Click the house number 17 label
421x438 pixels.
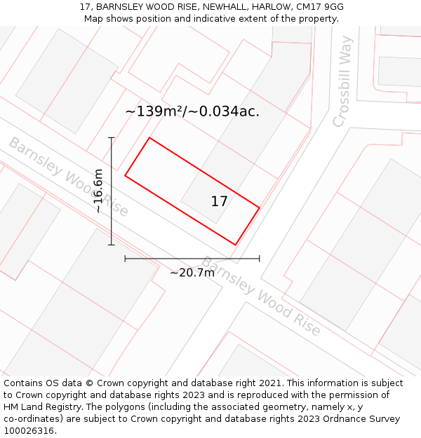pos(219,202)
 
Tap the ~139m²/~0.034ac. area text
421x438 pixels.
pos(192,111)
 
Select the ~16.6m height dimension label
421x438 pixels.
pos(98,191)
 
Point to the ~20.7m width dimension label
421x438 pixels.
pos(192,273)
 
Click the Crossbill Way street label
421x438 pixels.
pos(342,81)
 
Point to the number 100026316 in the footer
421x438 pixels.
pos(27,431)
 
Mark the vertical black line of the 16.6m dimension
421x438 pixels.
pos(112,191)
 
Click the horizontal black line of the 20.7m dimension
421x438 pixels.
pos(192,259)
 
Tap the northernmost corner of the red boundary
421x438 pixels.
pos(149,137)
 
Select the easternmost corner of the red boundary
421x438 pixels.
pos(260,207)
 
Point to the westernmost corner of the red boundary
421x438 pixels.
pos(125,175)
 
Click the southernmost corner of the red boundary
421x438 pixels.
pos(235,245)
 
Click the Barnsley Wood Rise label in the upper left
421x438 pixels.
pos(68,177)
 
